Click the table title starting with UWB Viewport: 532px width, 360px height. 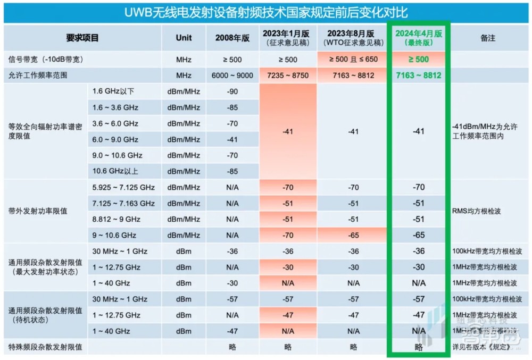point(266,12)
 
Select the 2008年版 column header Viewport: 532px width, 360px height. point(232,38)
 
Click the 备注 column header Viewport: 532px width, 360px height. point(487,38)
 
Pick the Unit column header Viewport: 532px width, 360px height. point(184,38)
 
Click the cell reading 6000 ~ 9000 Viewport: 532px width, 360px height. point(232,76)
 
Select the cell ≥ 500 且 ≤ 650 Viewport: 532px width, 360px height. point(353,60)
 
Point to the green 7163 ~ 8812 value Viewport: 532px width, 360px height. point(419,76)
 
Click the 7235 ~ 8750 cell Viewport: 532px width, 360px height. point(288,76)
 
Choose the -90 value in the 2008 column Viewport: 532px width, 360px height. point(232,91)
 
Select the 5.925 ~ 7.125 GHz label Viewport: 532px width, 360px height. point(123,187)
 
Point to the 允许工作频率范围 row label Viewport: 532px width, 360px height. point(38,76)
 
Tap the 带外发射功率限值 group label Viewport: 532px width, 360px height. point(38,211)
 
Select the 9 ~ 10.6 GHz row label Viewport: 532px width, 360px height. point(114,235)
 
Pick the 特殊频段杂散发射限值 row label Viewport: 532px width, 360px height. point(45,347)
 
